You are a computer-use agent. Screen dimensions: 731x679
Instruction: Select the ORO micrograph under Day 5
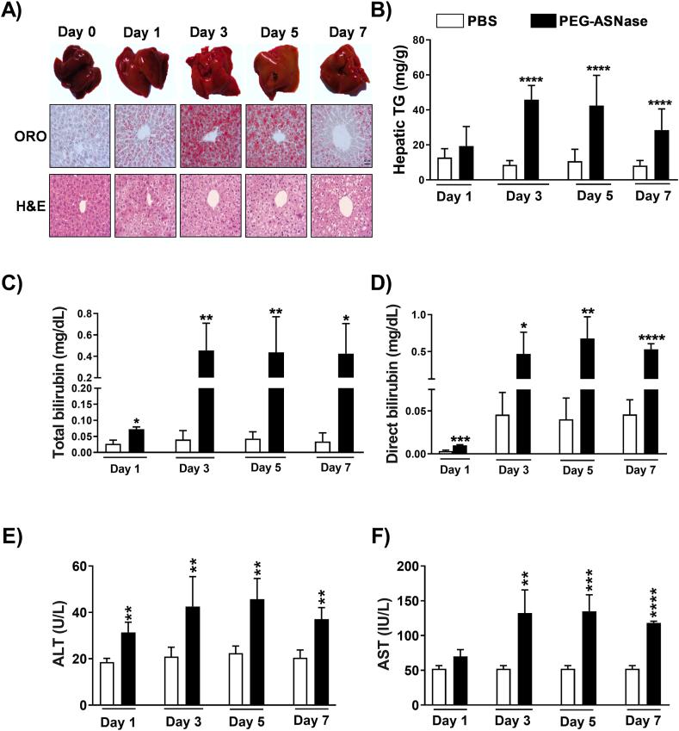(275, 135)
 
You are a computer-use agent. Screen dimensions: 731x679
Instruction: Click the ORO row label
(25, 135)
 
